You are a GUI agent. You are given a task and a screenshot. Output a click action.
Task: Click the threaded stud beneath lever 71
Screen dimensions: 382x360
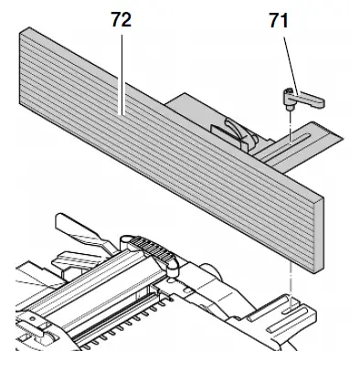pyautogui.click(x=290, y=105)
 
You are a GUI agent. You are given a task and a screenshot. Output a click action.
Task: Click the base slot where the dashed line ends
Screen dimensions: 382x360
pyautogui.click(x=291, y=305)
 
